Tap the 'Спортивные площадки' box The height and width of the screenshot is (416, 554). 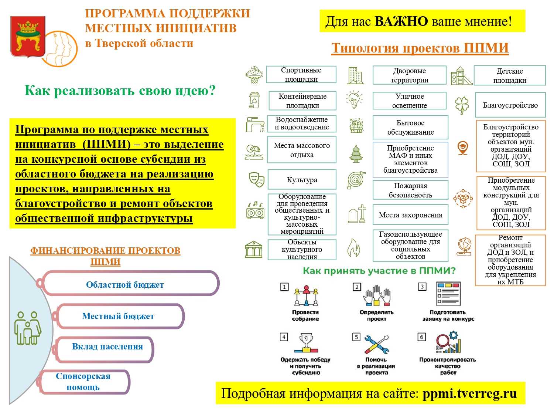click(301, 74)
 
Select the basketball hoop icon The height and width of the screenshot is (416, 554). click(254, 75)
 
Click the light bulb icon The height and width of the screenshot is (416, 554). click(354, 99)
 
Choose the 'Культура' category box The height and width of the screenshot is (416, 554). click(302, 180)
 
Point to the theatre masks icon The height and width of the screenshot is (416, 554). click(256, 179)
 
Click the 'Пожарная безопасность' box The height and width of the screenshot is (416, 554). click(410, 190)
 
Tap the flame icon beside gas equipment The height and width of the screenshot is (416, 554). click(353, 247)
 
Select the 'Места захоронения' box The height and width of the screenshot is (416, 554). click(410, 215)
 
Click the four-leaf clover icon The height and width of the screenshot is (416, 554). click(462, 105)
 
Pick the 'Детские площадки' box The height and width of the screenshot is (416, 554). click(509, 75)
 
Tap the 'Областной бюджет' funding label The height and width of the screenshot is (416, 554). click(125, 285)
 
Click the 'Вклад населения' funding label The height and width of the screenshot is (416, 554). click(107, 347)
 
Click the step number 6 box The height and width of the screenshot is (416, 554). click(421, 337)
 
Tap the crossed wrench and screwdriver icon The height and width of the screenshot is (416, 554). click(376, 344)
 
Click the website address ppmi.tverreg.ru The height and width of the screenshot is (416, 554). click(469, 393)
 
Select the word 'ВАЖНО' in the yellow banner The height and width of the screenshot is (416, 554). click(401, 21)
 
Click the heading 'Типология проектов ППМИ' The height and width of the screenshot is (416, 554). click(420, 48)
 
